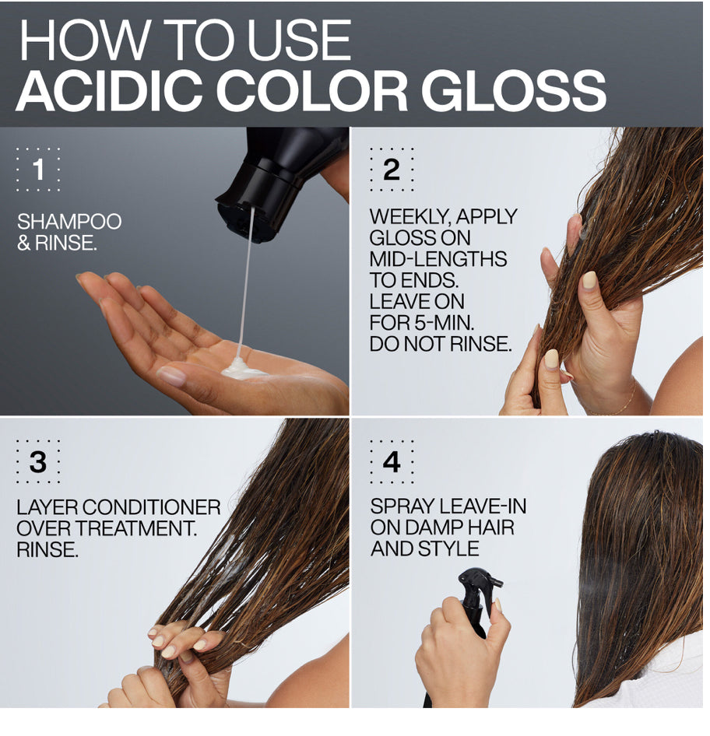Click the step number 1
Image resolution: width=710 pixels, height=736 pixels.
coord(39,170)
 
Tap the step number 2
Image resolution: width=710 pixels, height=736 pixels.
coord(392,170)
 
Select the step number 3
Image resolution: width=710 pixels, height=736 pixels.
coord(38,462)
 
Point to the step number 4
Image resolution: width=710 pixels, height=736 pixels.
coord(392,462)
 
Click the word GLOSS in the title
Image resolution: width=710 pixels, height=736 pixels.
coord(514,90)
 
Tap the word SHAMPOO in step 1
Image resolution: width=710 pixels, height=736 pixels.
coord(69,222)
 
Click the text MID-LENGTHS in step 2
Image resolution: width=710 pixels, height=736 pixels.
coord(438,259)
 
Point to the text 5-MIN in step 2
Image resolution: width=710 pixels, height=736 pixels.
coord(444,322)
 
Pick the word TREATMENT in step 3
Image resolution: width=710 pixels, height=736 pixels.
coord(135,528)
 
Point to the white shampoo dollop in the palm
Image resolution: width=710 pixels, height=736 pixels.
coord(242,368)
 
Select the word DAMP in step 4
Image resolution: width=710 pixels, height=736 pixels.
coord(433,527)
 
